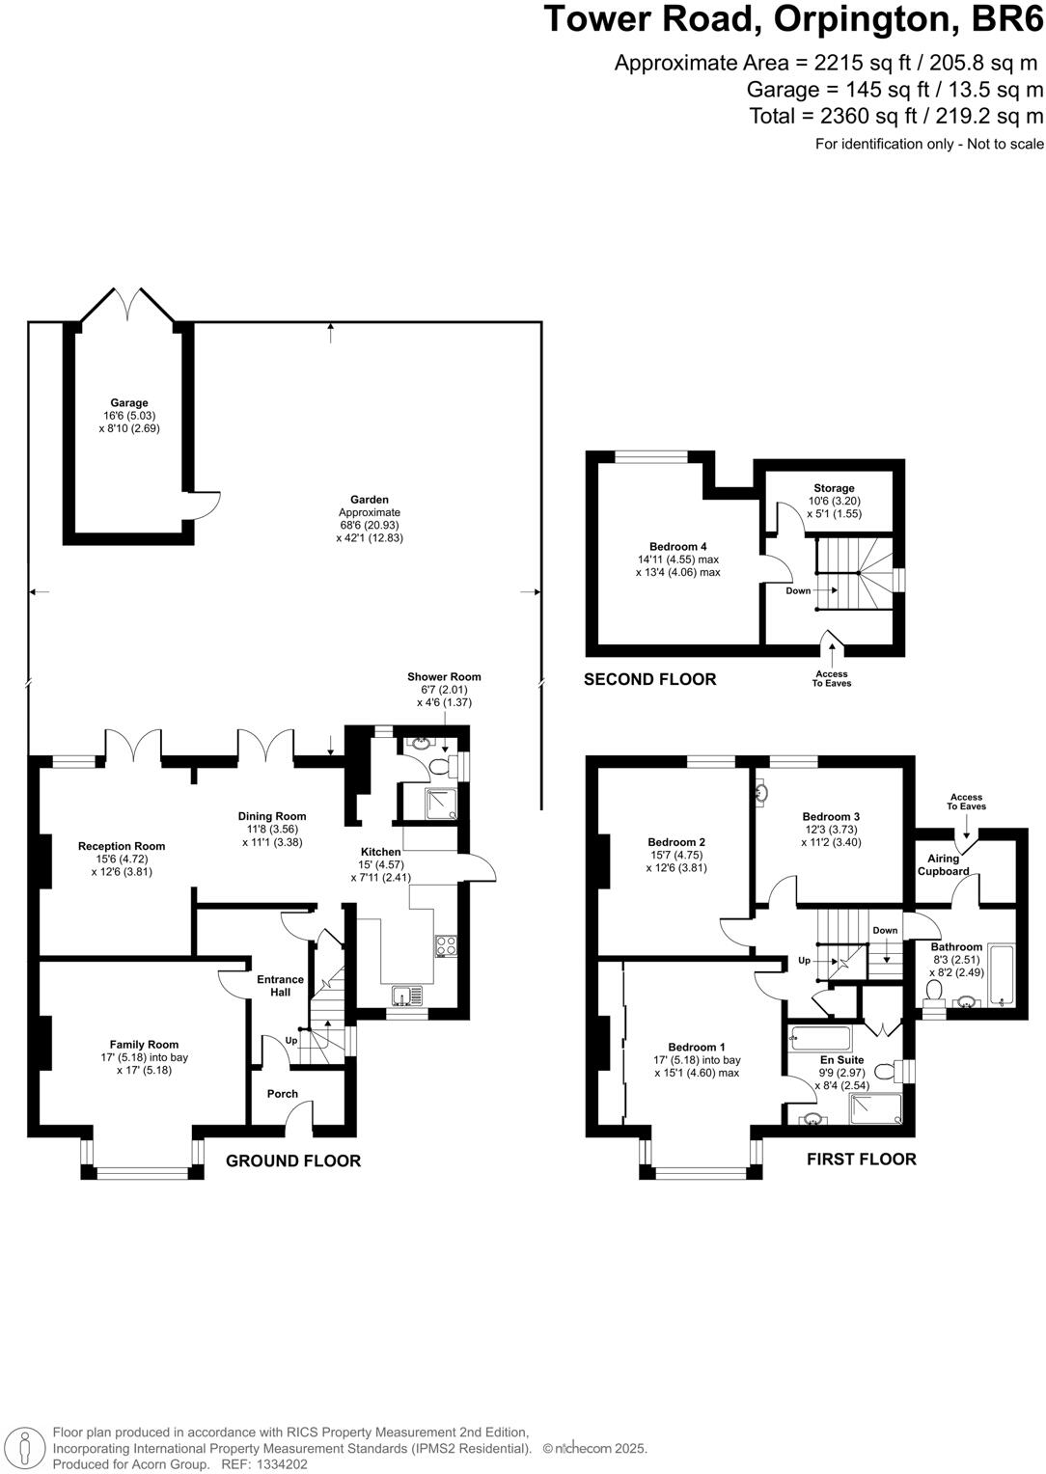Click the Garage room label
pyautogui.click(x=129, y=402)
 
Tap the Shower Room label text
pyautogui.click(x=444, y=676)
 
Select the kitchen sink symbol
pyautogui.click(x=408, y=996)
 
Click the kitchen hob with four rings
pyautogui.click(x=447, y=945)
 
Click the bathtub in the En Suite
pyautogui.click(x=820, y=1038)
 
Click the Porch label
pyautogui.click(x=283, y=1094)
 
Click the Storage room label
pyautogui.click(x=834, y=488)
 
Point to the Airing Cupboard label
pyautogui.click(x=944, y=864)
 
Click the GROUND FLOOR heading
pyautogui.click(x=293, y=1161)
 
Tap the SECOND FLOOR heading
pyautogui.click(x=649, y=680)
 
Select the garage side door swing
pyautogui.click(x=205, y=505)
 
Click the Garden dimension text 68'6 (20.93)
pyautogui.click(x=370, y=525)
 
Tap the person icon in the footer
pyautogui.click(x=24, y=1449)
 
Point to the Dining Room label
pyautogui.click(x=272, y=816)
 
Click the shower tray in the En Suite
pyautogui.click(x=875, y=1108)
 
